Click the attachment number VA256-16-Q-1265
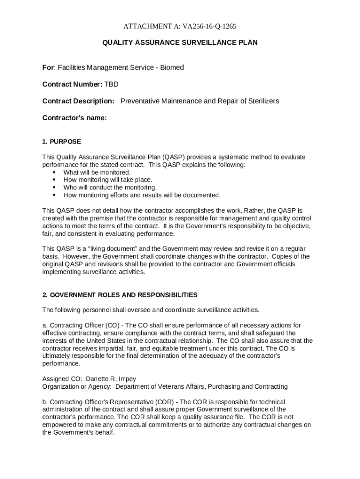(x=204, y=26)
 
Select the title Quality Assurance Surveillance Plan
(x=180, y=43)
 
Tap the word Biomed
(x=172, y=67)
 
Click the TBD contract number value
(x=111, y=84)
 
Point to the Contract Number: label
(x=72, y=84)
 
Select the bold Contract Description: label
(x=78, y=101)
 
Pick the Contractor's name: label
(x=74, y=118)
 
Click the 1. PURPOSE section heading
(x=61, y=141)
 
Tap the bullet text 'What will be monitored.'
(x=97, y=172)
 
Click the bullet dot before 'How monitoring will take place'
(x=54, y=180)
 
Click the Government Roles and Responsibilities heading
(x=120, y=295)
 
